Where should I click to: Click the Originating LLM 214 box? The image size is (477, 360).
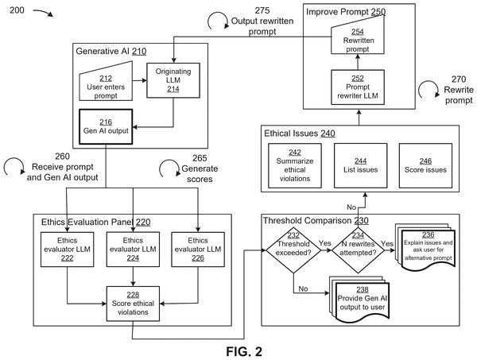point(173,80)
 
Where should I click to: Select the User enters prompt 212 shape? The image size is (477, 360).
point(106,83)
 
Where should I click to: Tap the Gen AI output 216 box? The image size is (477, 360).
point(106,126)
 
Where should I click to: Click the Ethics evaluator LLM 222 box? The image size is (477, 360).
point(68,250)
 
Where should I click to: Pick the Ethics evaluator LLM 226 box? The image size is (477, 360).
point(198,250)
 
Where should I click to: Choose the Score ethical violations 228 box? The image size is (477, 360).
point(133,304)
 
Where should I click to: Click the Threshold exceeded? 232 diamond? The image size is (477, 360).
point(293,250)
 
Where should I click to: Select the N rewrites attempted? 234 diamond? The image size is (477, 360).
point(358,250)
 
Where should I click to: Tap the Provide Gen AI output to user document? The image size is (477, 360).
point(359,300)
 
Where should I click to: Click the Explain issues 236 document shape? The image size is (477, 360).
point(425,247)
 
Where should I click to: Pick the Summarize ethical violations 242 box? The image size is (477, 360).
point(295,166)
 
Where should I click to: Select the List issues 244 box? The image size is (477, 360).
point(360,166)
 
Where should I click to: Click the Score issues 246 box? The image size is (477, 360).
point(425,166)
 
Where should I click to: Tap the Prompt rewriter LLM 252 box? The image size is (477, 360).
point(358,87)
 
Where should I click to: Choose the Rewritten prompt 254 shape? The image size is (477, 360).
point(358,37)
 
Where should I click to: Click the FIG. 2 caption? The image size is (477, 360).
point(244,351)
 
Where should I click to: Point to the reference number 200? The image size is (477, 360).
point(17,10)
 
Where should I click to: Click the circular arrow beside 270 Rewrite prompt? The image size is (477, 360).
point(429,90)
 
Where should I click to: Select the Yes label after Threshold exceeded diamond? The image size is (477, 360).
point(325,243)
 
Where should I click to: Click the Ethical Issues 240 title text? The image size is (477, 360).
point(300,134)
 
